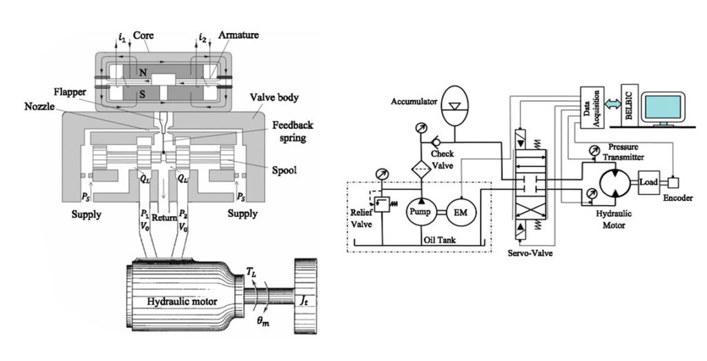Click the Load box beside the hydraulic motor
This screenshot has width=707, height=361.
(650, 184)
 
